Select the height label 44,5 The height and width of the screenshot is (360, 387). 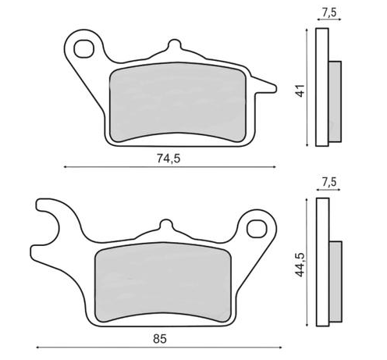pos(298,262)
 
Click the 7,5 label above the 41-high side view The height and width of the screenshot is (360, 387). pos(328,12)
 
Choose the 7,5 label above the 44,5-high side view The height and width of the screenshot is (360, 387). pos(328,183)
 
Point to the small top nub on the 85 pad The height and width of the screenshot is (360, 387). pos(164,224)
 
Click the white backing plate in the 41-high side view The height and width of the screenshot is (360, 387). pos(321,88)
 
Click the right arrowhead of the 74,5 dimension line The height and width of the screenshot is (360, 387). pos(273,166)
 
